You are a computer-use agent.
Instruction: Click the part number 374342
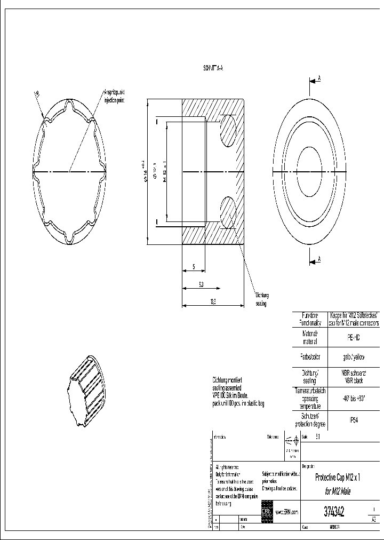tap(334, 512)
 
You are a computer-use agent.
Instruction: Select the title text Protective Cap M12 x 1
tap(337, 478)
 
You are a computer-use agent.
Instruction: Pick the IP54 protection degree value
tap(354, 420)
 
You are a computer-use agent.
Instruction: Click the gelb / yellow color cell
tap(354, 357)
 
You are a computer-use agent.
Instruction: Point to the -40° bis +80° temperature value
tap(354, 398)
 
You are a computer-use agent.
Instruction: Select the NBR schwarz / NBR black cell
tap(354, 377)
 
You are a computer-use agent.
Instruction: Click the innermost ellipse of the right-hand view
tap(310, 172)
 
